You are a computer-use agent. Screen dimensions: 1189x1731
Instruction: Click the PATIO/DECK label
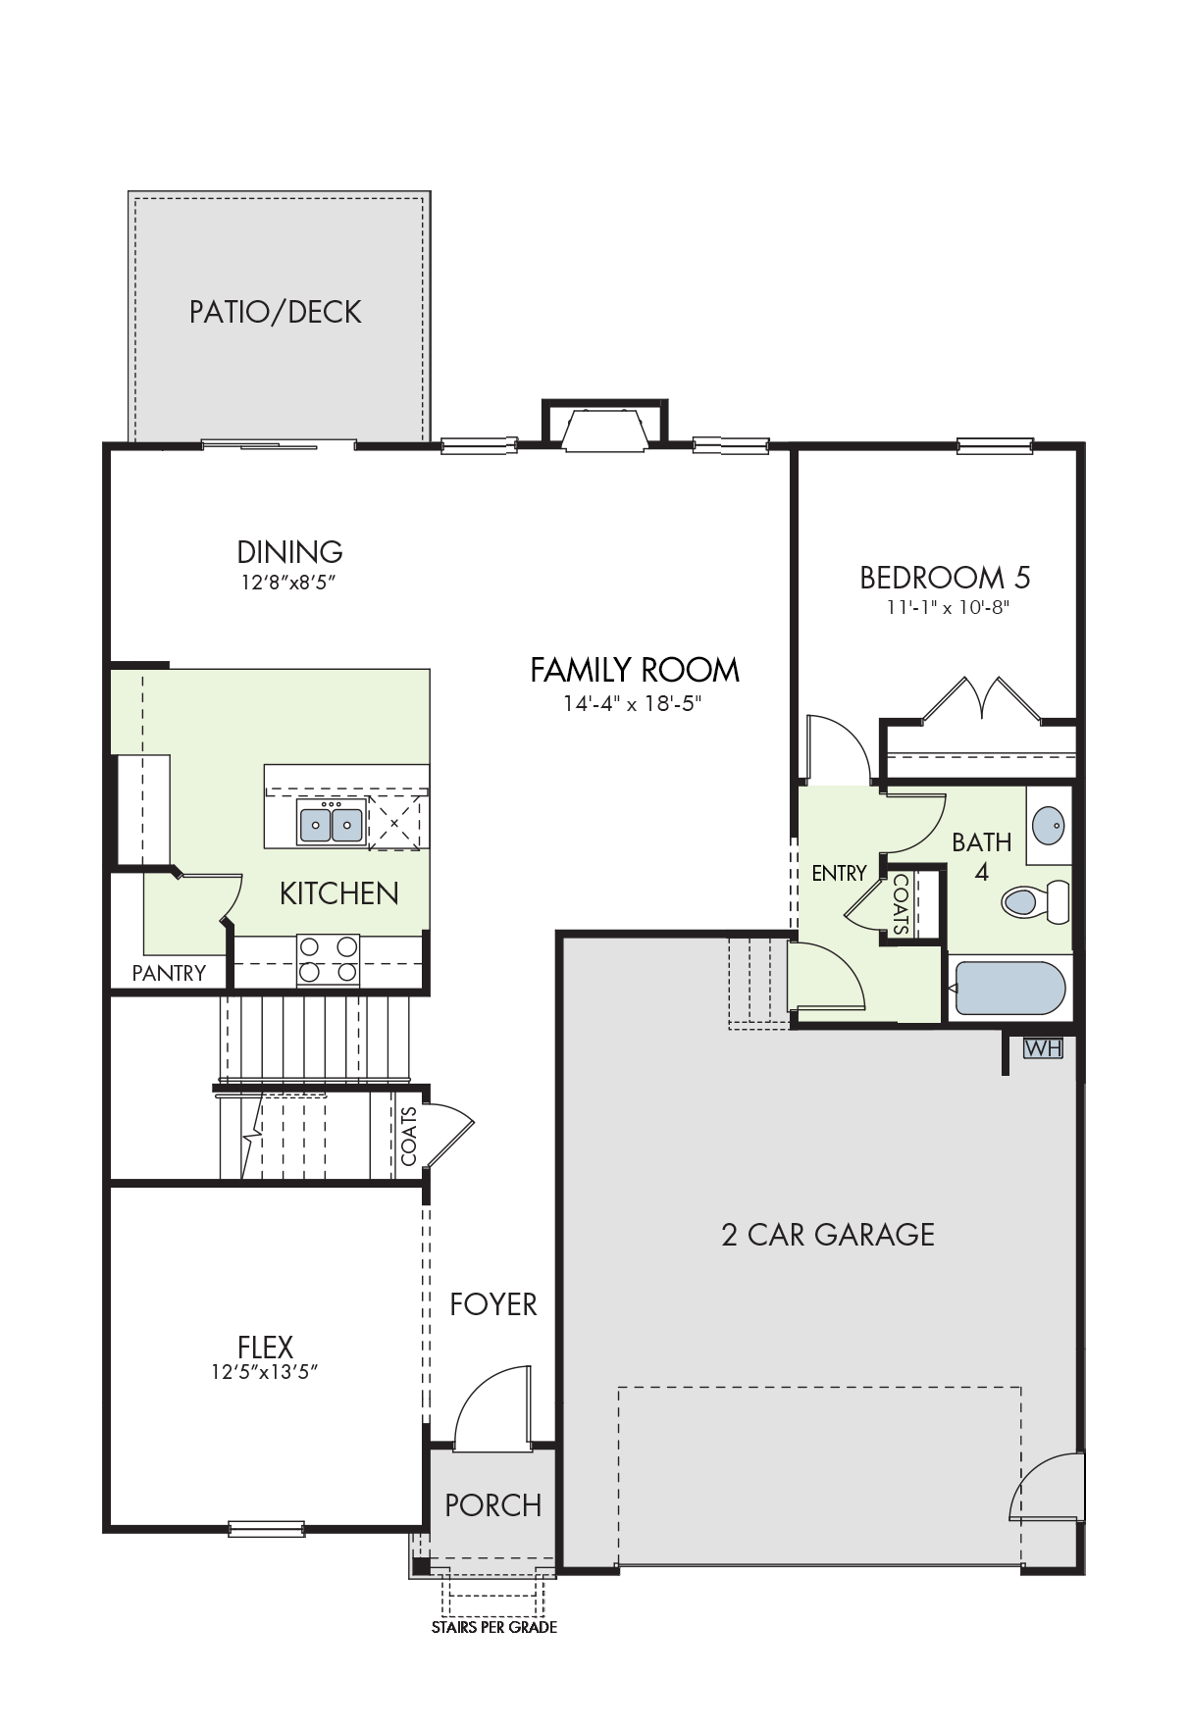(x=276, y=312)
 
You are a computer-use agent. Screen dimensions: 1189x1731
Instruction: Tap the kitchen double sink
(x=332, y=822)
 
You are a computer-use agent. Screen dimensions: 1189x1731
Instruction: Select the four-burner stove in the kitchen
(x=329, y=960)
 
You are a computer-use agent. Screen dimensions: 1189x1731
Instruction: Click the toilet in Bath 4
(x=1036, y=900)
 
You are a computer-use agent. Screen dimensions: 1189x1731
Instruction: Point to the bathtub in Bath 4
(x=1009, y=988)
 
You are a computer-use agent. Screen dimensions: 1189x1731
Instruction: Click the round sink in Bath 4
(x=1049, y=824)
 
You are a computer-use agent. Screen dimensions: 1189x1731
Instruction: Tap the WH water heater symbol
(x=1043, y=1047)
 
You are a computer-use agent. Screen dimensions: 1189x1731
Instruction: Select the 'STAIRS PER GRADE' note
(x=494, y=1627)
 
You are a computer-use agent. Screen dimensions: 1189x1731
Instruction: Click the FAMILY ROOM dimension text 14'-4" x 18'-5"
(x=633, y=703)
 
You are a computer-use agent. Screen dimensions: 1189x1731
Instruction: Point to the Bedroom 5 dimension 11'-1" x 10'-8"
(x=948, y=607)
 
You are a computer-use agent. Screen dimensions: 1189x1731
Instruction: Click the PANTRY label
(x=169, y=973)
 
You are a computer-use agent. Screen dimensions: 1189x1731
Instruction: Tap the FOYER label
(x=493, y=1304)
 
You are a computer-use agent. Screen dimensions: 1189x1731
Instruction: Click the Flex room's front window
(x=266, y=1528)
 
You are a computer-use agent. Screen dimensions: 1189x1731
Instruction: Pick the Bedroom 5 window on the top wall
(x=995, y=446)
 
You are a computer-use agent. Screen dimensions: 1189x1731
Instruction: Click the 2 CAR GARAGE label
(x=828, y=1235)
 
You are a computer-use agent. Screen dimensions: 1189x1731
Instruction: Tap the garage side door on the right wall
(x=1049, y=1486)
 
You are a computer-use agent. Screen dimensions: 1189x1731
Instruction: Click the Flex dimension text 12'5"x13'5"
(x=265, y=1372)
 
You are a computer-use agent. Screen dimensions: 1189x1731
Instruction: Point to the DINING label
(x=290, y=551)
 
